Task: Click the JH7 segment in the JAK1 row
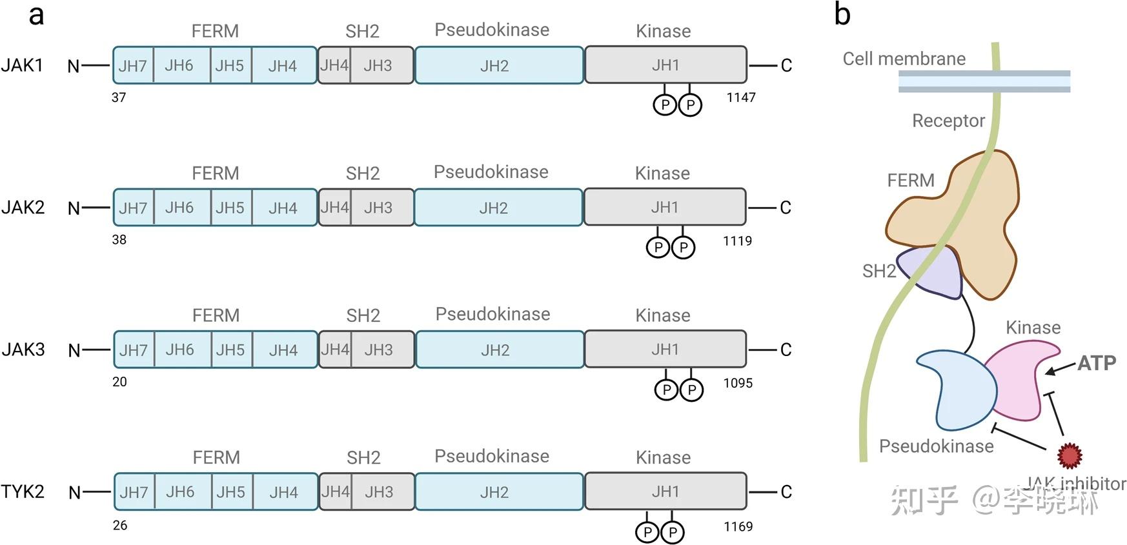pos(134,65)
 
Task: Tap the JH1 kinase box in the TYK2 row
pos(665,491)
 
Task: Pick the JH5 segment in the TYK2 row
pos(232,491)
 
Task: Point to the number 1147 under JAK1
pos(741,97)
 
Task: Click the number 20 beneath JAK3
pos(119,382)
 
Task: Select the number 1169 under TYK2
pos(738,526)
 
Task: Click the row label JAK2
pos(23,207)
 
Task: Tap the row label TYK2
pos(23,491)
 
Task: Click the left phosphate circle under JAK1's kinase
pos(665,104)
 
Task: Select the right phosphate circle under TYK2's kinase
pos(672,532)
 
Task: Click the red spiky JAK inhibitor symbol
pos(1070,455)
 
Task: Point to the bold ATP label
pos(1097,363)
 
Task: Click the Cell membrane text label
pos(904,59)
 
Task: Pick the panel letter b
pos(842,14)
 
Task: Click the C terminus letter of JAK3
pos(786,350)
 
